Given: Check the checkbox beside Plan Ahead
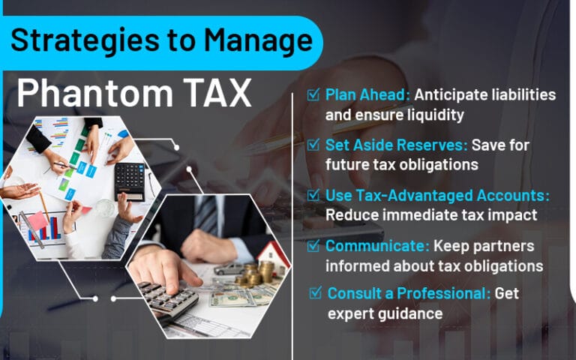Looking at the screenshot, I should [313, 95].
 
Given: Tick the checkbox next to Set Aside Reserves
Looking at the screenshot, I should [313, 144].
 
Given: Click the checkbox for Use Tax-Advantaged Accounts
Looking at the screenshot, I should [313, 194].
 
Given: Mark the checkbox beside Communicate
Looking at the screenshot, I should [313, 244].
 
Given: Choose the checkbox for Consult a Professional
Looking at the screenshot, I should [316, 292].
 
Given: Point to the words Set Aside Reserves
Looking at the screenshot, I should [390, 144].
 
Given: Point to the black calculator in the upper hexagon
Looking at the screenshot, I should [130, 180].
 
